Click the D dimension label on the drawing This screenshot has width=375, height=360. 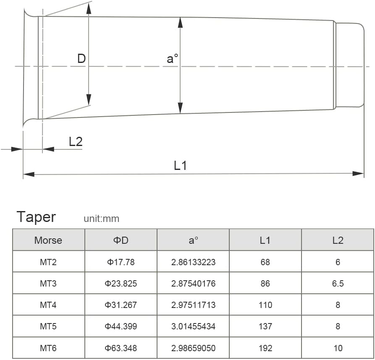81,59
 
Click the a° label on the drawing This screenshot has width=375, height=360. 173,59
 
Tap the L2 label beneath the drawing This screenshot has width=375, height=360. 76,141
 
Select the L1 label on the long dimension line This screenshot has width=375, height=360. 180,166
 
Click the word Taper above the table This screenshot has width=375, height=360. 36,217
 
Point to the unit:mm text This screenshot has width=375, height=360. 101,219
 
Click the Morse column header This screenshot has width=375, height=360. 48,240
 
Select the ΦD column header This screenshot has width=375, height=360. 121,240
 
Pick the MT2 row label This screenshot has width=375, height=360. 48,262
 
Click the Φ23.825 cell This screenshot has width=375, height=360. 121,284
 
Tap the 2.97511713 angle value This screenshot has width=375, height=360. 193,305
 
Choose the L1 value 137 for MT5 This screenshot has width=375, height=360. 265,326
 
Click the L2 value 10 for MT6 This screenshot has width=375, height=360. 338,348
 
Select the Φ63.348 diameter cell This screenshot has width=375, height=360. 121,348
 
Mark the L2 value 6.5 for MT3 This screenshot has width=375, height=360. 338,284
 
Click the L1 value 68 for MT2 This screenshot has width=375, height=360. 265,262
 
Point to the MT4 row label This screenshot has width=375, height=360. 48,305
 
